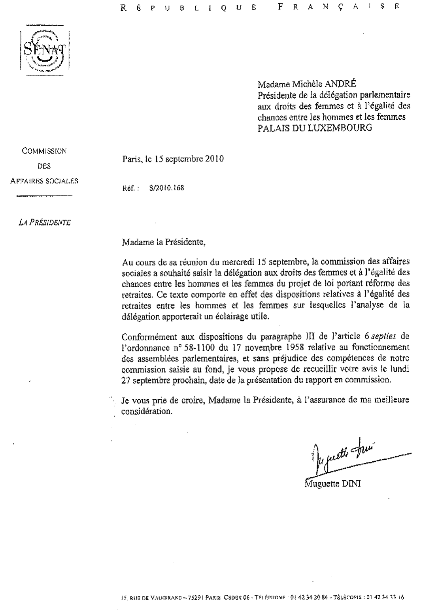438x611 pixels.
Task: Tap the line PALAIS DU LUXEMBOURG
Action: click(x=315, y=128)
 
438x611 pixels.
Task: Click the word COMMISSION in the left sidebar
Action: click(x=44, y=151)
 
